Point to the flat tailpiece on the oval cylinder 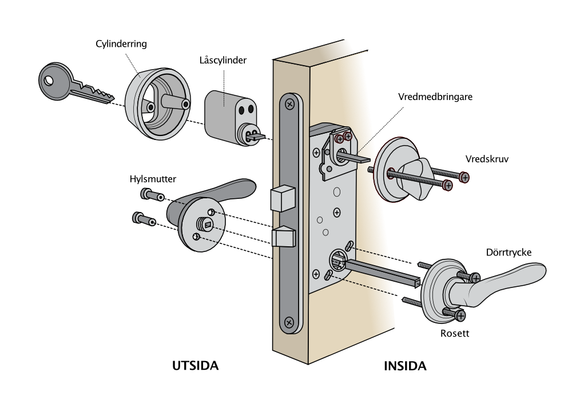258,137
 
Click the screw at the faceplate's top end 291,105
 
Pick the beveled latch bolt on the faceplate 283,237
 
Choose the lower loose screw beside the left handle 144,218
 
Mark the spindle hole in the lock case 336,262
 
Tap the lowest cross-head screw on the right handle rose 460,315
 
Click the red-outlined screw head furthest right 464,178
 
